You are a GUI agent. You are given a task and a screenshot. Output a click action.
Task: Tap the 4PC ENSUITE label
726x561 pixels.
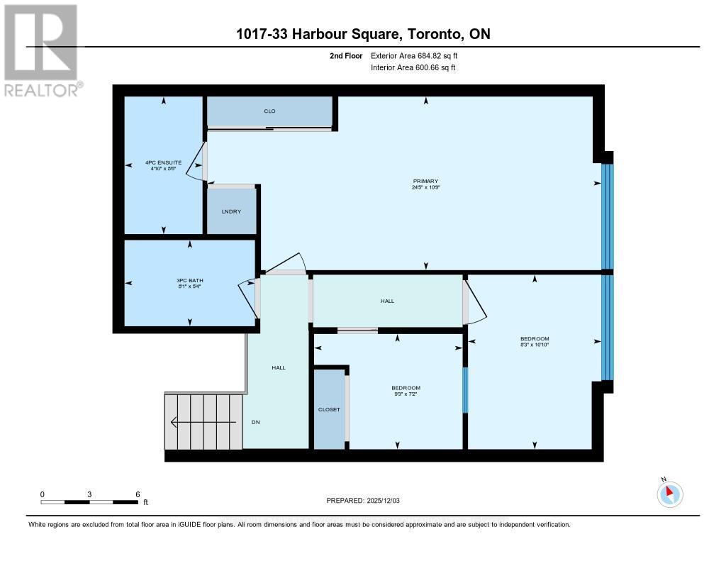pos(164,162)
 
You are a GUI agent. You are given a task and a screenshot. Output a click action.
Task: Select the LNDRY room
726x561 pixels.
pos(231,211)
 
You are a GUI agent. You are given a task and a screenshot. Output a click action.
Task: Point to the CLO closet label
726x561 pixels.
pos(269,111)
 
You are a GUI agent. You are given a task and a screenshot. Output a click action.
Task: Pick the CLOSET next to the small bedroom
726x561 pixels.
pos(329,409)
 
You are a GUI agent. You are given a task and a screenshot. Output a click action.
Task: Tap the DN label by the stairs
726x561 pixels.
pos(256,422)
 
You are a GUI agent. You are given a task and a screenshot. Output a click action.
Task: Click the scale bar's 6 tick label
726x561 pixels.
pos(138,494)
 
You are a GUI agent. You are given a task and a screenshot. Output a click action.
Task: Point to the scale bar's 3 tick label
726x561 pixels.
pos(89,494)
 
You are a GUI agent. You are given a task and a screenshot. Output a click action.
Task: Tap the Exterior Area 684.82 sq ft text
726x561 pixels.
pos(420,55)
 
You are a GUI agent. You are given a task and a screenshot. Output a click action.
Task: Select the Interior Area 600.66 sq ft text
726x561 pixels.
pos(413,67)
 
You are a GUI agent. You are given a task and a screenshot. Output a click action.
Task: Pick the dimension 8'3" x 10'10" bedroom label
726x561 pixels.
pos(535,345)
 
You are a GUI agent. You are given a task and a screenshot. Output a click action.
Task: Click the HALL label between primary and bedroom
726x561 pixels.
pos(387,301)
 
